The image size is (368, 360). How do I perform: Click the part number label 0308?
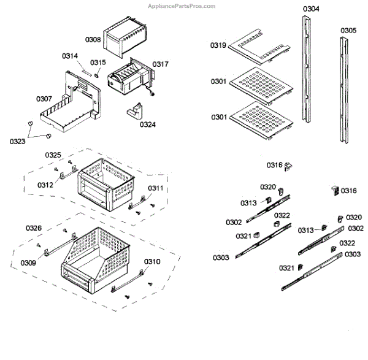coord(93,39)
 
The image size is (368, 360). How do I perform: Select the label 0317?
coord(161,64)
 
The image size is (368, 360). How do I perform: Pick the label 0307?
coord(44,98)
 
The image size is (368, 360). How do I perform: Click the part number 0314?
coord(70,56)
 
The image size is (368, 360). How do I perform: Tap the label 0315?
coord(98,62)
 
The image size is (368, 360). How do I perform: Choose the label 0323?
coord(18,141)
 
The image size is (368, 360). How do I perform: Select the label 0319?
coord(218,45)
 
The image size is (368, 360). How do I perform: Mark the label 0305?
coord(348,30)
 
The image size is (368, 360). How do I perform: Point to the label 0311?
coord(156,188)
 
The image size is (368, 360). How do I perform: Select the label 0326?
coord(34,228)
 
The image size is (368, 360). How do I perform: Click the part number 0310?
coord(153,261)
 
